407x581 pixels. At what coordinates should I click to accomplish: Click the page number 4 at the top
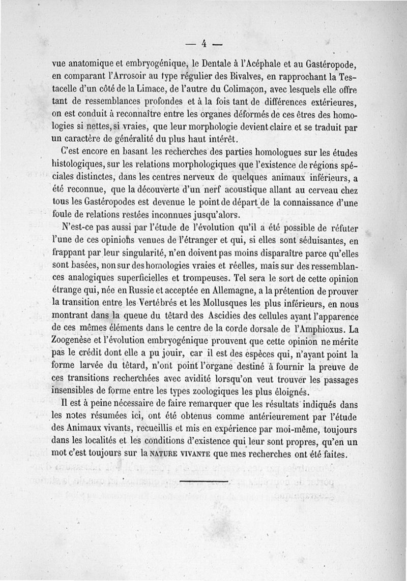[203, 43]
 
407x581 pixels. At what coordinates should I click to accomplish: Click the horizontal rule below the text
[203, 479]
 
